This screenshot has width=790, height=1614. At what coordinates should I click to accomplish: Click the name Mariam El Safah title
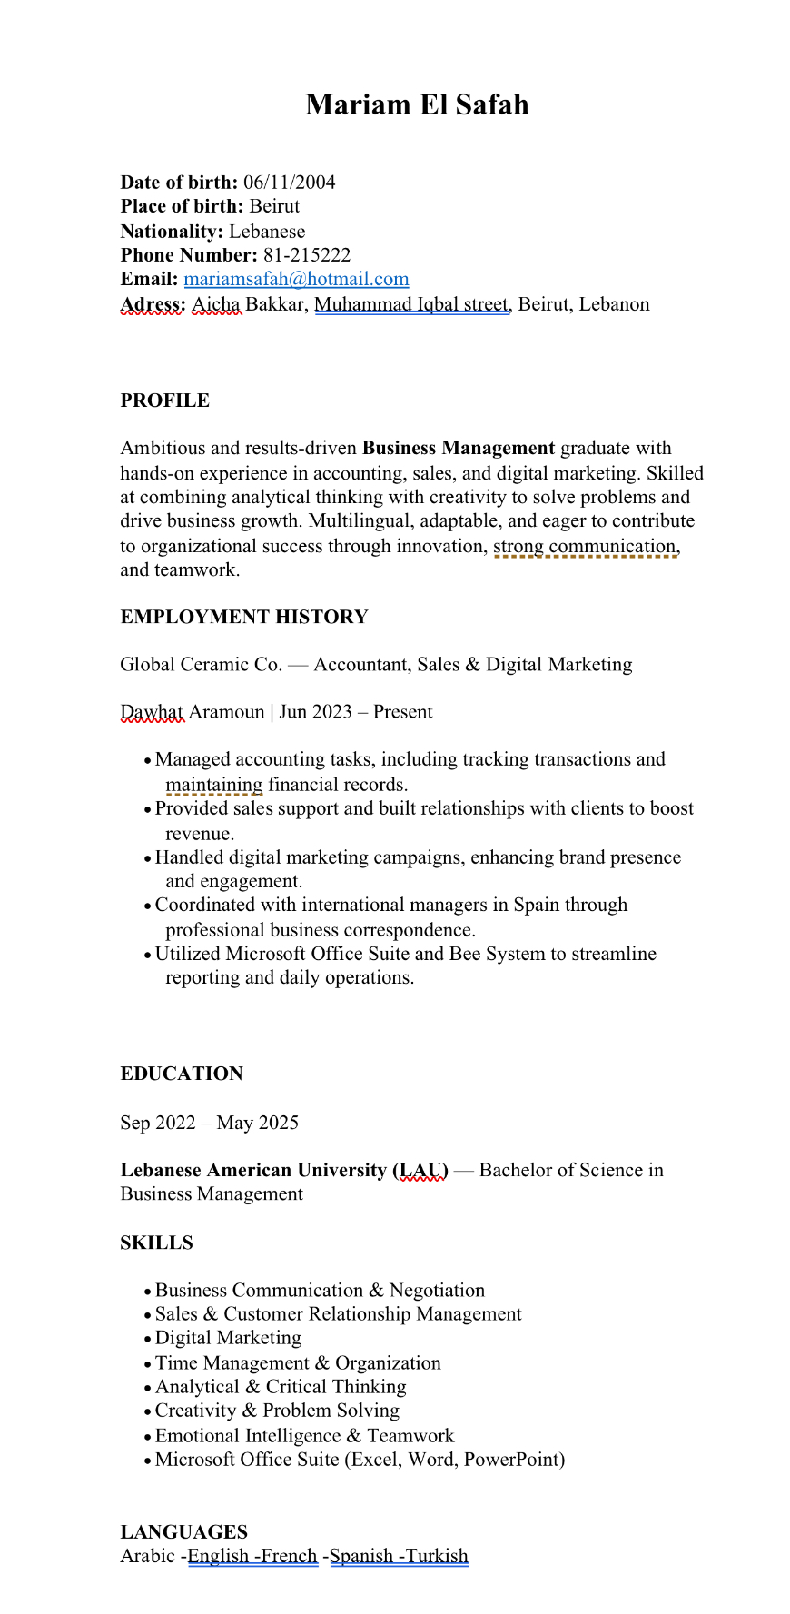click(x=417, y=105)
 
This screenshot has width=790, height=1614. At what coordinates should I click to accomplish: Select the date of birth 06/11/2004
click(x=289, y=183)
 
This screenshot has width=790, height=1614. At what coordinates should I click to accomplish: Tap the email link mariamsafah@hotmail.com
click(x=296, y=280)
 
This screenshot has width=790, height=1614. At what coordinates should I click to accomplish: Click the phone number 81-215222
click(x=307, y=255)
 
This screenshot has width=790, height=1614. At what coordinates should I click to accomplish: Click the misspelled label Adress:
click(x=153, y=304)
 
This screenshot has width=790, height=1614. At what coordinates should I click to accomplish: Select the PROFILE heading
click(x=164, y=401)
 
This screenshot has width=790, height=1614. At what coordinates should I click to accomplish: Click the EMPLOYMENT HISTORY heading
click(x=243, y=617)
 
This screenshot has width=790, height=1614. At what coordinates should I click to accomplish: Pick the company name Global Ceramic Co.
click(x=201, y=665)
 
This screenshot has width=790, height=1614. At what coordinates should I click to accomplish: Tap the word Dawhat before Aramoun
click(x=152, y=712)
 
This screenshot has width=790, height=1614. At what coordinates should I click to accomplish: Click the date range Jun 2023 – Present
click(x=355, y=712)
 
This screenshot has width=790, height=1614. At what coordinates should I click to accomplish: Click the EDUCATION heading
click(x=182, y=1074)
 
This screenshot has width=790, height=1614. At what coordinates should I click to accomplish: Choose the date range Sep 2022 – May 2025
click(x=209, y=1123)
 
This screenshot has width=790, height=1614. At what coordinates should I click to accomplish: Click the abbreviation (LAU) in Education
click(x=420, y=1170)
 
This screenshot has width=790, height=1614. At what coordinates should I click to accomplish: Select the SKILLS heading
click(x=156, y=1243)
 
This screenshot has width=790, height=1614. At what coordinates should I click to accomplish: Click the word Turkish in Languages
click(x=436, y=1556)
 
